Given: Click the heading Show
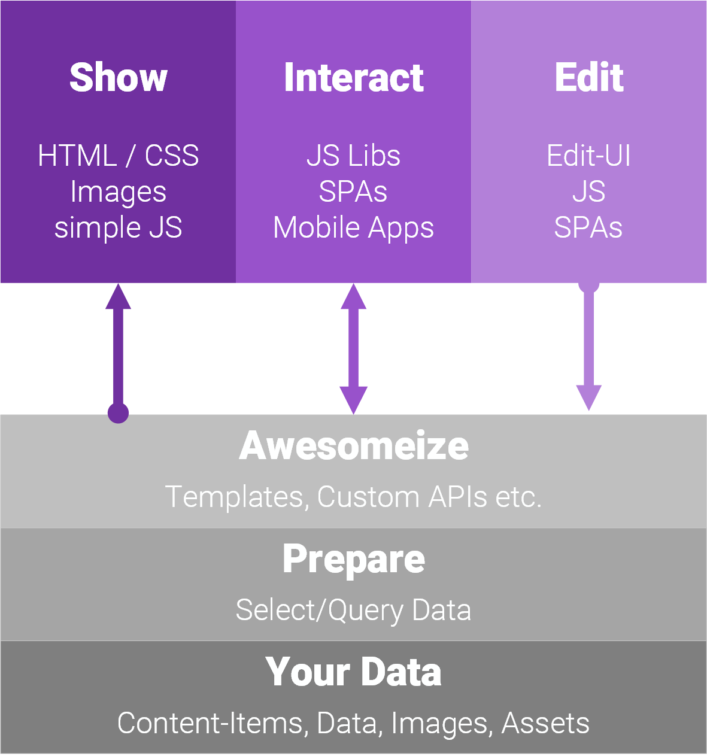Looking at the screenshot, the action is (118, 78).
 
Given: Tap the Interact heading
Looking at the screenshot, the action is (354, 78).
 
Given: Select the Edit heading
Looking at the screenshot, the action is (589, 77).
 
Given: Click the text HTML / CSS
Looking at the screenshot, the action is (118, 156).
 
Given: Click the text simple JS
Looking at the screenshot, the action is (118, 227).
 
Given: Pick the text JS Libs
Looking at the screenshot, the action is (354, 156).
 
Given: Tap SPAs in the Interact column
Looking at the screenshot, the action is (353, 192).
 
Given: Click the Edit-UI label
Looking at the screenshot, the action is (588, 156).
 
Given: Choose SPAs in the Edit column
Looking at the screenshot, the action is (588, 227).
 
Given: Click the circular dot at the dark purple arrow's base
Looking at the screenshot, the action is (118, 413).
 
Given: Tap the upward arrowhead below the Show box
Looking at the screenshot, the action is (118, 297).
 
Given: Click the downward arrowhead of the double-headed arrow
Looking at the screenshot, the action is (353, 400).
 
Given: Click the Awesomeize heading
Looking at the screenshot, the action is (354, 446).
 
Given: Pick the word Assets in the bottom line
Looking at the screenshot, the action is (545, 723).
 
